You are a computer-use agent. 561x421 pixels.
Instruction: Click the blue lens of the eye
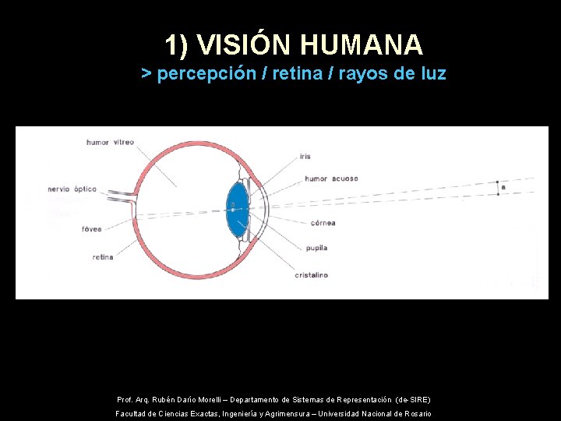pyautogui.click(x=236, y=209)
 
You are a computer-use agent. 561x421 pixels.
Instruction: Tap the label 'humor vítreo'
pyautogui.click(x=110, y=142)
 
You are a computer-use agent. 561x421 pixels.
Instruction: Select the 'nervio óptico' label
pyautogui.click(x=72, y=189)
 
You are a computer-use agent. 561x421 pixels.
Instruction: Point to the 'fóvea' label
pyautogui.click(x=91, y=228)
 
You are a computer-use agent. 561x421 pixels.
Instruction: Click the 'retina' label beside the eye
pyautogui.click(x=103, y=257)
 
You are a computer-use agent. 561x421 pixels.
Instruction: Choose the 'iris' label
pyautogui.click(x=305, y=156)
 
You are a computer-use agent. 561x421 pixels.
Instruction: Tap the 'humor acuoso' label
pyautogui.click(x=331, y=179)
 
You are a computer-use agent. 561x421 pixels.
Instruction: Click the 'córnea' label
pyautogui.click(x=322, y=223)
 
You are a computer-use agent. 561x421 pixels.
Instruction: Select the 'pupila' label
pyautogui.click(x=316, y=248)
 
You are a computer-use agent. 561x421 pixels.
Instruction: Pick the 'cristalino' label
pyautogui.click(x=311, y=274)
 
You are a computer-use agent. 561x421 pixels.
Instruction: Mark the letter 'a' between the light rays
pyautogui.click(x=503, y=187)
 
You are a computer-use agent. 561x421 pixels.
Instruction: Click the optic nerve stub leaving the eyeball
pyautogui.click(x=121, y=198)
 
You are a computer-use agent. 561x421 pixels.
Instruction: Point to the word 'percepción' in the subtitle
pyautogui.click(x=206, y=74)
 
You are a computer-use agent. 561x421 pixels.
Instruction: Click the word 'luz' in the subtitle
pyautogui.click(x=431, y=74)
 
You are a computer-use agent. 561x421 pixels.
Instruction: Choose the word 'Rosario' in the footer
pyautogui.click(x=416, y=414)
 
